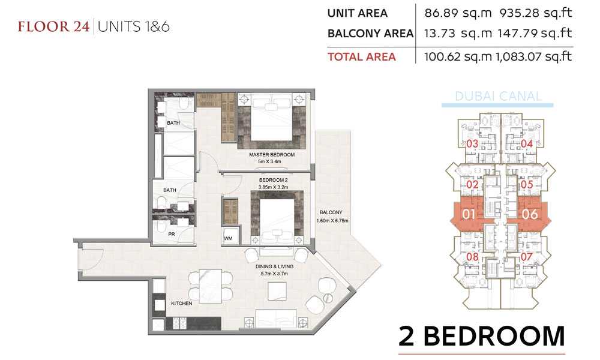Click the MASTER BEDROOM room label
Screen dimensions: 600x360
click(272, 155)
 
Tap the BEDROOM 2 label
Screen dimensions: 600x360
click(273, 180)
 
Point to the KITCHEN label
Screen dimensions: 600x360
click(181, 303)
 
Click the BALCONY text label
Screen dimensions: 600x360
click(331, 212)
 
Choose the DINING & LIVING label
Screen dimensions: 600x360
click(274, 266)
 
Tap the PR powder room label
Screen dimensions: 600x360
click(172, 234)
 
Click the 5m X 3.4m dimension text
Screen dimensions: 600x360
click(269, 161)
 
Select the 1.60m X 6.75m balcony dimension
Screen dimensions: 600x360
click(332, 220)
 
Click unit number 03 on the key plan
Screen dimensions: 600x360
click(472, 144)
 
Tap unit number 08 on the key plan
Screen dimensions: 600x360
click(472, 257)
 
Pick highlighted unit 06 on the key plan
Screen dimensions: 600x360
click(530, 214)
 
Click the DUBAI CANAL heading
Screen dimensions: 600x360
click(498, 96)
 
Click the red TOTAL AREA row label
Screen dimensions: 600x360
click(362, 56)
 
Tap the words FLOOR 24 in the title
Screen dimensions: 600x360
click(53, 27)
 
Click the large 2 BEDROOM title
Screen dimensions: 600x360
click(482, 336)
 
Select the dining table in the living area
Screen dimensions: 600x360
click(211, 286)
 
